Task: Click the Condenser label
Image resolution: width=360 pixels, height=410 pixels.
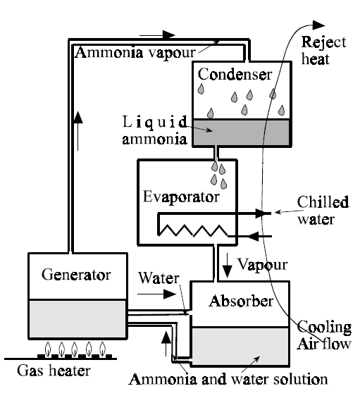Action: [233, 74]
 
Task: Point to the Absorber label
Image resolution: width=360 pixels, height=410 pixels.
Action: [241, 302]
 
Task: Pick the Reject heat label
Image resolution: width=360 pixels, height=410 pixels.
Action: [323, 49]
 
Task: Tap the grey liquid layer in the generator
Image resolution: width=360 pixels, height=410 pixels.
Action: [70, 314]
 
